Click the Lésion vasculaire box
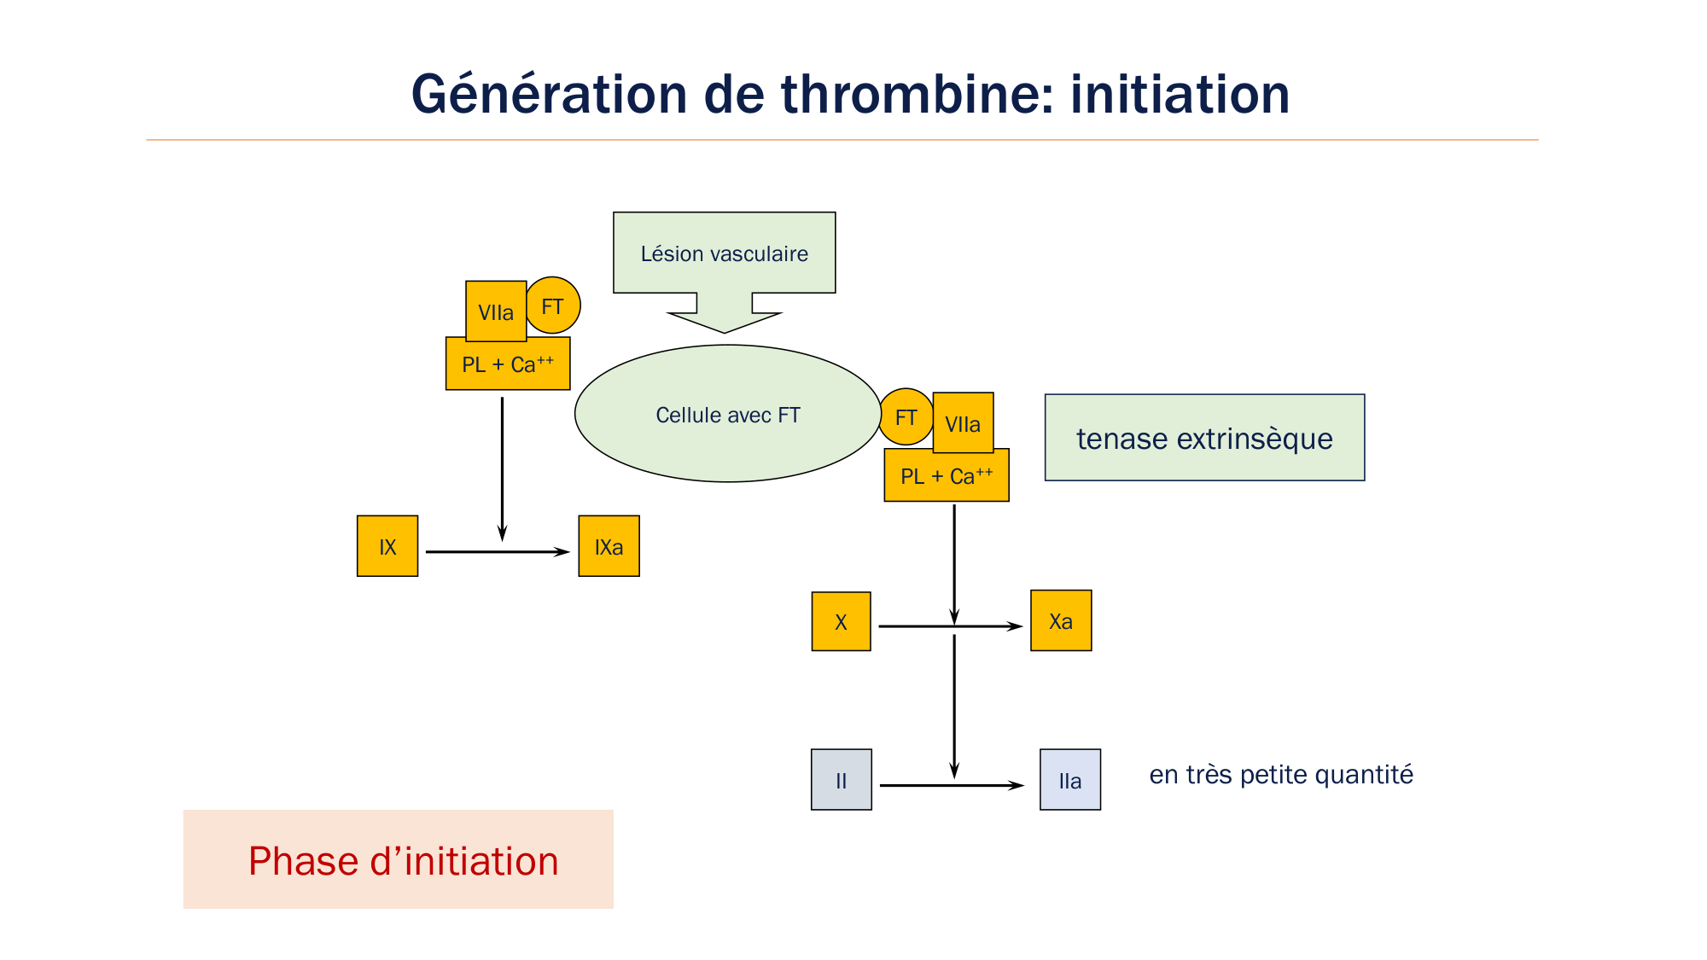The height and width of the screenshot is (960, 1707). pos(724,253)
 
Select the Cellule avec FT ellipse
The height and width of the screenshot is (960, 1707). pos(727,415)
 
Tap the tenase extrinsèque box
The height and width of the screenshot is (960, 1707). pos(1204,438)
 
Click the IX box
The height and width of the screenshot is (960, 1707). pos(387,546)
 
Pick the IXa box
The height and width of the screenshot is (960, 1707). pos(609,546)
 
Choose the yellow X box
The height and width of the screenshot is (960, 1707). pos(841,621)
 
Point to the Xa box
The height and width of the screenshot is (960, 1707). pos(1061,620)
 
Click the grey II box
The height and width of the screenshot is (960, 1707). pos(841,780)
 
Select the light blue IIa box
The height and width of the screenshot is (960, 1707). pos(1069,780)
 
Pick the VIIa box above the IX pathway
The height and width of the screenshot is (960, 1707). pos(495,311)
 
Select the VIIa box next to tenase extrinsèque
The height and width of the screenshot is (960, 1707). pos(963,423)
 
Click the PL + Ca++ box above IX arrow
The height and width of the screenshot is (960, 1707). pos(508,364)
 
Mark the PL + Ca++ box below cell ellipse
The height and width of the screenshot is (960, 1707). pos(947,476)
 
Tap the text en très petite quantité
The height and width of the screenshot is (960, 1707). pos(1280,774)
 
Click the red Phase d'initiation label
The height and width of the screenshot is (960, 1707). pos(403,860)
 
